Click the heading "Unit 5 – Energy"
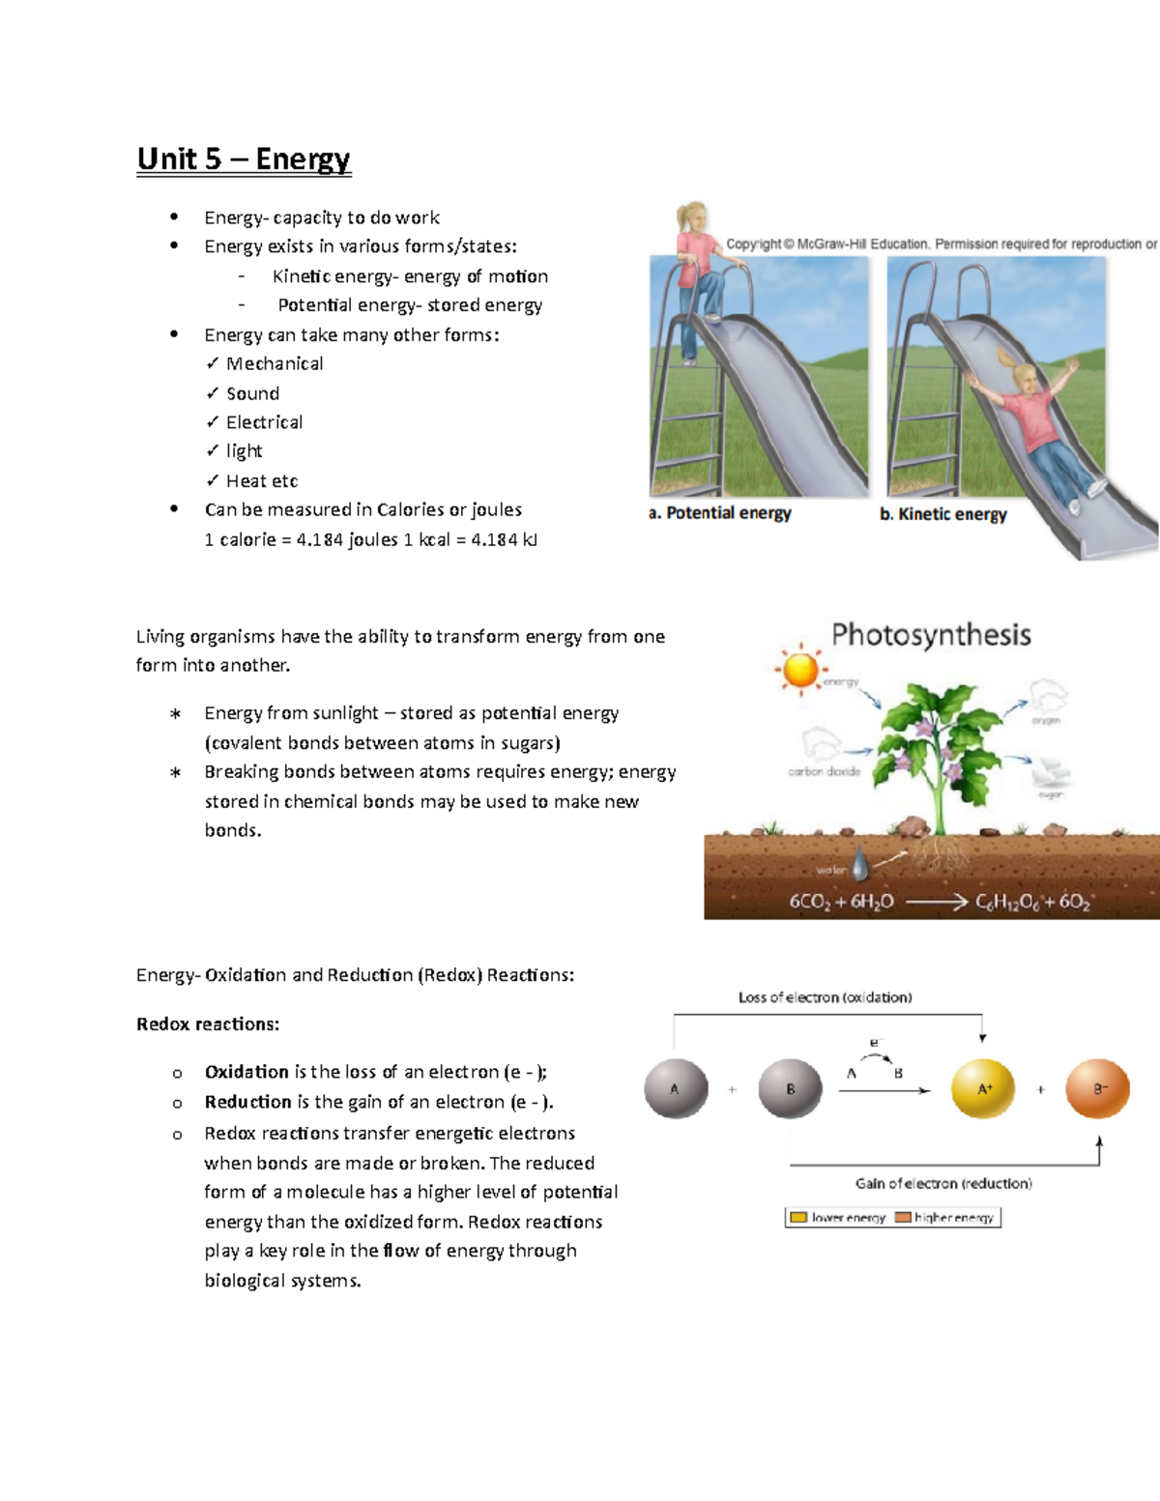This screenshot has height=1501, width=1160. [244, 159]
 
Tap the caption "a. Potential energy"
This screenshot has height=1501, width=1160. [720, 513]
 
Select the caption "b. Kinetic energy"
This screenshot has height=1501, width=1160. [943, 514]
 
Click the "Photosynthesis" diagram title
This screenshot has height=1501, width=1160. [931, 635]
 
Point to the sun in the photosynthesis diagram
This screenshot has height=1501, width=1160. [800, 669]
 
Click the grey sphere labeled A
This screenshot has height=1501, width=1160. [676, 1089]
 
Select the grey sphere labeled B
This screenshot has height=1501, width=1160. [790, 1089]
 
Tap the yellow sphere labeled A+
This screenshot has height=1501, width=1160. [983, 1089]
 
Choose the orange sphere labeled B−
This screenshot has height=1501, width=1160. [1098, 1089]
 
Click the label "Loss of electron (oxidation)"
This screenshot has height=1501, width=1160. [825, 997]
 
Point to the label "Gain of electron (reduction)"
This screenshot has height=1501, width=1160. [943, 1183]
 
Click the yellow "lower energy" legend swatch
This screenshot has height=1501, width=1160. [798, 1218]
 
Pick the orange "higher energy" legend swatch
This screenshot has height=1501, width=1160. [903, 1218]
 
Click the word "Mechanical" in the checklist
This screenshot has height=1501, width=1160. [275, 364]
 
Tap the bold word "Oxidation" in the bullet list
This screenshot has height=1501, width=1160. [246, 1072]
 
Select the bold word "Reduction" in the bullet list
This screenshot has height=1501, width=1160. [247, 1102]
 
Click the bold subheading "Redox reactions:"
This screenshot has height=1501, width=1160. [208, 1025]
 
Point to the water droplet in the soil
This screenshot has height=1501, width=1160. [859, 862]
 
